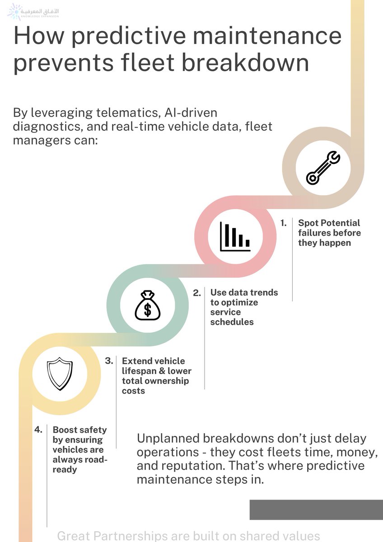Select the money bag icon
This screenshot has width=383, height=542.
coord(148,306)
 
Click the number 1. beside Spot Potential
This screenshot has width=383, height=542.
coord(284,223)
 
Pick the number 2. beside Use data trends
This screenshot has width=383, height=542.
coord(197,293)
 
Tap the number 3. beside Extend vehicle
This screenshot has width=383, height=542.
coord(109,361)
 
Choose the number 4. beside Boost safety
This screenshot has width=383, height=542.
coord(38,430)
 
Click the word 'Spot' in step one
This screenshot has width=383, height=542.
coord(308,223)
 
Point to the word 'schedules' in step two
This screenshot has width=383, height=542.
coord(232,322)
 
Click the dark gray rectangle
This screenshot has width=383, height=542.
coord(316,509)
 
